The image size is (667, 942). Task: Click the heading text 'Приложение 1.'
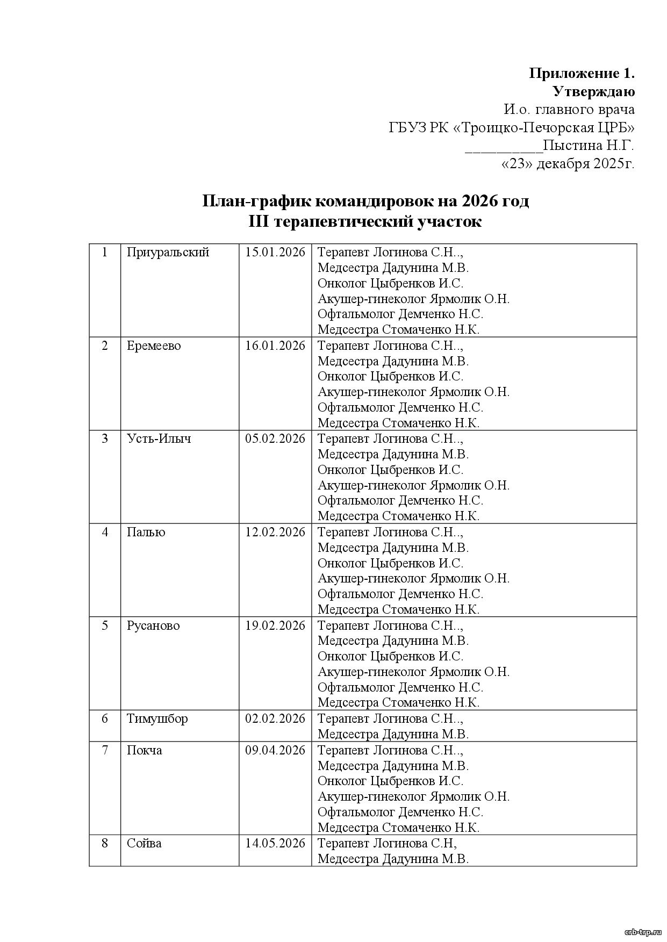pyautogui.click(x=582, y=73)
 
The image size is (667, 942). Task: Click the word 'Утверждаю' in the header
pyautogui.click(x=593, y=91)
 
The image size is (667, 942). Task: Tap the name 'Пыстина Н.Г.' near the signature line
pyautogui.click(x=589, y=146)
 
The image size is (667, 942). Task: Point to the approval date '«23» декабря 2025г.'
pyautogui.click(x=568, y=164)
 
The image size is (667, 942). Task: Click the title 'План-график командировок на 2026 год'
pyautogui.click(x=365, y=201)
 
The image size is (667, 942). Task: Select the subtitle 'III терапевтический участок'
pyautogui.click(x=365, y=221)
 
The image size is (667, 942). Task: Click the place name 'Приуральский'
pyautogui.click(x=168, y=252)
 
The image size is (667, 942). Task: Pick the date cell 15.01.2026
pyautogui.click(x=275, y=252)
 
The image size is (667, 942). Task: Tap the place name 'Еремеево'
pyautogui.click(x=154, y=346)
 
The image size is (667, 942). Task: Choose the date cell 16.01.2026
pyautogui.click(x=275, y=346)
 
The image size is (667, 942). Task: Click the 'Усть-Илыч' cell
pyautogui.click(x=159, y=438)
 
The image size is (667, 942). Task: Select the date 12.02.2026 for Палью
pyautogui.click(x=275, y=532)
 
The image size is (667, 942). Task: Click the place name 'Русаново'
pyautogui.click(x=153, y=625)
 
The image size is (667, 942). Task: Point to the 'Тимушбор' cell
pyautogui.click(x=157, y=718)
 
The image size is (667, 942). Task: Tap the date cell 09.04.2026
pyautogui.click(x=275, y=750)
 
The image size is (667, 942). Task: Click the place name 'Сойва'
pyautogui.click(x=144, y=843)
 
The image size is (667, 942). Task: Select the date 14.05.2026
pyautogui.click(x=275, y=843)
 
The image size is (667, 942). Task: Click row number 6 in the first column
pyautogui.click(x=105, y=718)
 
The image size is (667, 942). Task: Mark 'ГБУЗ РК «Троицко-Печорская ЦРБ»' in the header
pyautogui.click(x=512, y=128)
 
